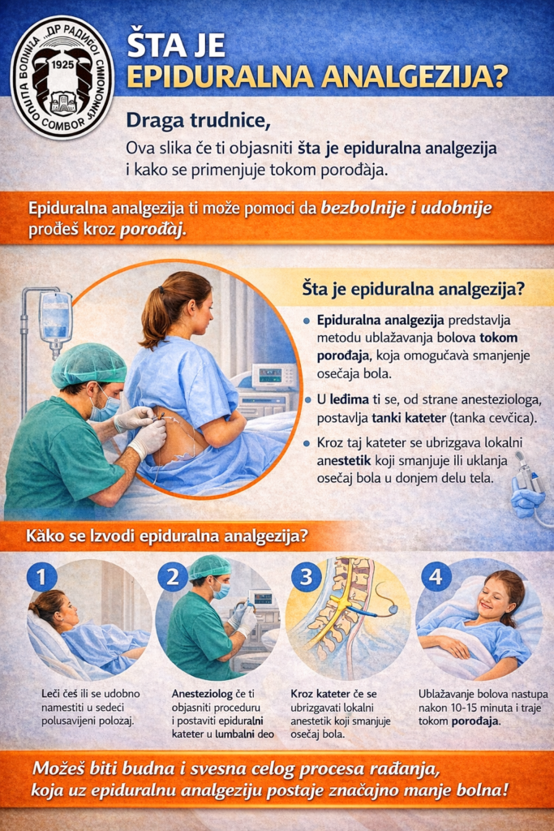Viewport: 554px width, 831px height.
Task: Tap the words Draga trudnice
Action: click(x=198, y=121)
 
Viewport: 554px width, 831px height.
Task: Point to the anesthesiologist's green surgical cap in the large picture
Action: click(x=88, y=364)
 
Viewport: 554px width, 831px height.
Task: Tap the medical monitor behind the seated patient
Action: click(x=274, y=377)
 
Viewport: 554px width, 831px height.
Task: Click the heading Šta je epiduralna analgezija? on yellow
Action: click(x=413, y=290)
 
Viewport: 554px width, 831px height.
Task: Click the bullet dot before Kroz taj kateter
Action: click(x=307, y=443)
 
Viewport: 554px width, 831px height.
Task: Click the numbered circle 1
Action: click(x=42, y=576)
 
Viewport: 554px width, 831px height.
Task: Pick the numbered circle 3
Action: click(x=306, y=576)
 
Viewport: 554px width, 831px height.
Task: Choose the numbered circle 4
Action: click(x=436, y=576)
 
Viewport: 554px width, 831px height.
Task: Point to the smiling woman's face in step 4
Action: click(x=493, y=596)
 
